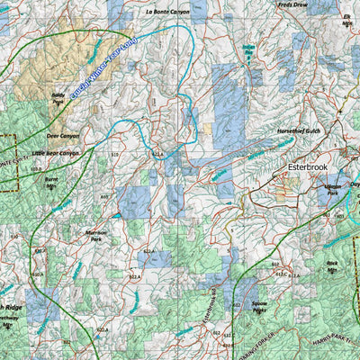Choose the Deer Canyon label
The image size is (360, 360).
(x=63, y=136)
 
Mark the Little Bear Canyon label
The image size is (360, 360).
(x=55, y=153)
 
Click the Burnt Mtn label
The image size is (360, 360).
(x=51, y=182)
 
